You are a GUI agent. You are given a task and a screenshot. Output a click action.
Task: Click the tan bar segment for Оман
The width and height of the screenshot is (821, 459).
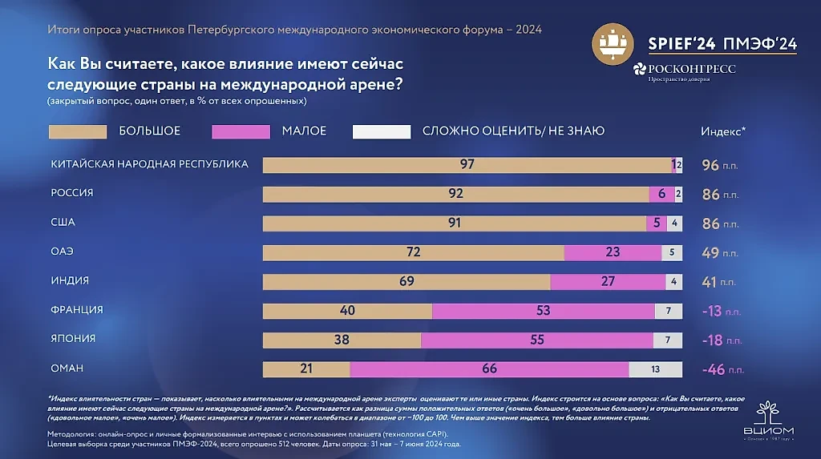pyautogui.click(x=306, y=369)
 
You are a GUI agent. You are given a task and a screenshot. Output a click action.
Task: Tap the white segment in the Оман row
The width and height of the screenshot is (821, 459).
pyautogui.click(x=656, y=369)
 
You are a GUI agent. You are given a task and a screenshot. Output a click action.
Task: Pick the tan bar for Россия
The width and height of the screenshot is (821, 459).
pyautogui.click(x=455, y=194)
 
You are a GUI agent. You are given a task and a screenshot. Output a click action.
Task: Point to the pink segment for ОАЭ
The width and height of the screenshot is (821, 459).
pyautogui.click(x=613, y=252)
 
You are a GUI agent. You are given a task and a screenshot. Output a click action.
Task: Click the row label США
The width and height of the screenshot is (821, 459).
pyautogui.click(x=63, y=223)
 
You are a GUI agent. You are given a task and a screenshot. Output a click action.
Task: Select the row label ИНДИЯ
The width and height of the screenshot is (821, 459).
pyautogui.click(x=70, y=281)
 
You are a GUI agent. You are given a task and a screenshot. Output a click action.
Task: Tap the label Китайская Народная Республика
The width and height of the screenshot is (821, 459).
pyautogui.click(x=149, y=164)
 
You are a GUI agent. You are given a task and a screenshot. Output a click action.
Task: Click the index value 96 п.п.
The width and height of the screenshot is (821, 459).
pyautogui.click(x=721, y=166)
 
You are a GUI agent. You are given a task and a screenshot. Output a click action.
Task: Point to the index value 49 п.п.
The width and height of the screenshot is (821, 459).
pyautogui.click(x=721, y=253)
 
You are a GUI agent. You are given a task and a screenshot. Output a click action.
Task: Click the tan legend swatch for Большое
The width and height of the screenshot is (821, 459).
pyautogui.click(x=78, y=131)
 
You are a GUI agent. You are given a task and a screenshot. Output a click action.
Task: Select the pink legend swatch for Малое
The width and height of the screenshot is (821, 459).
pyautogui.click(x=241, y=131)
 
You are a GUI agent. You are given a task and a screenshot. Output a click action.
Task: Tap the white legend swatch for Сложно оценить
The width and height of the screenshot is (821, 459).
pyautogui.click(x=381, y=131)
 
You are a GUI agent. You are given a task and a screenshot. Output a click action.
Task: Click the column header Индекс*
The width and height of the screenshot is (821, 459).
pyautogui.click(x=723, y=131)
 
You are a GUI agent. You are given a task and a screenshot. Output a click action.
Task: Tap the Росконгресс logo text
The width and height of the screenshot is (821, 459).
pyautogui.click(x=686, y=70)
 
